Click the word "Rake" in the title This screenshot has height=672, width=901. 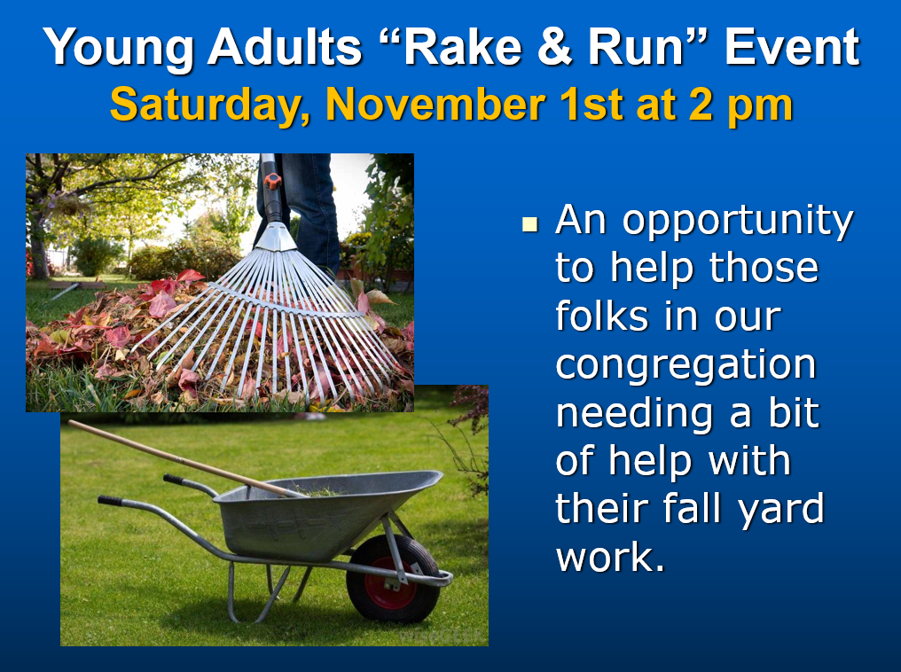point(461,47)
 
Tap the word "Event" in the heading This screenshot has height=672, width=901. point(792,47)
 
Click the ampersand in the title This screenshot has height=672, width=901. point(554,47)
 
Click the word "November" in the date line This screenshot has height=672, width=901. point(435,104)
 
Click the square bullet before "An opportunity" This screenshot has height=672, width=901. point(529,224)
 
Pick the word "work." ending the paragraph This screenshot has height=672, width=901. point(610,556)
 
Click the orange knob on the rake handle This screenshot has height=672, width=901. point(272,180)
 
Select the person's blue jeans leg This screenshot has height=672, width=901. point(309,213)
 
